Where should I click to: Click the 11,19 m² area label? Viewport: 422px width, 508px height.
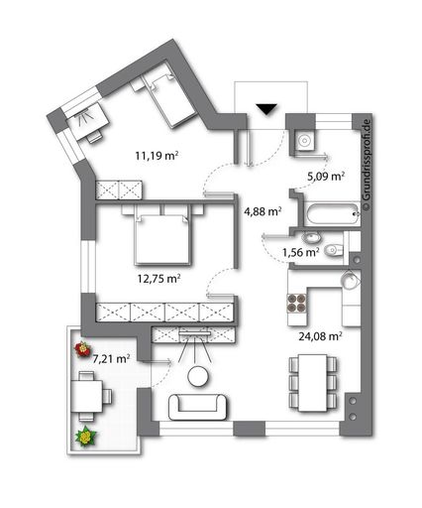coord(157,155)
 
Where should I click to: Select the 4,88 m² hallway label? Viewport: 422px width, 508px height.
coord(263,210)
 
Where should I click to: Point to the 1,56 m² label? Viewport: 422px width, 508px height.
coord(300,252)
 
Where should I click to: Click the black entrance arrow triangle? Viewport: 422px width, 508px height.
coord(265,109)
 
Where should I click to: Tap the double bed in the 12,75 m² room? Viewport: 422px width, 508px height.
coord(157,236)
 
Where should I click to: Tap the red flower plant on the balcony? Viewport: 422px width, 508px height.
coord(82,351)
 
